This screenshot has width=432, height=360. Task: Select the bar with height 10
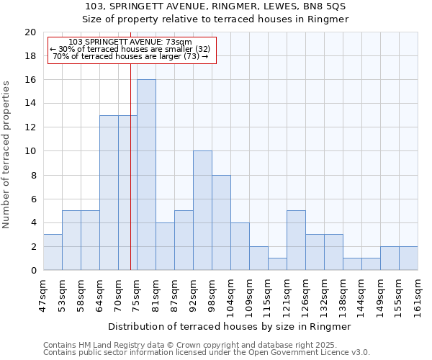(202, 210)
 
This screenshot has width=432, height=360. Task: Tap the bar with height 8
(221, 222)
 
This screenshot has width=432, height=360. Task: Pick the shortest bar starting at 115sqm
(277, 264)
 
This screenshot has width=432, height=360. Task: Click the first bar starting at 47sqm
(53, 252)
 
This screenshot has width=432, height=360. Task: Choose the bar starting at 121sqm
(296, 240)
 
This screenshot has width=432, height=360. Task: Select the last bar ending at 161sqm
(408, 258)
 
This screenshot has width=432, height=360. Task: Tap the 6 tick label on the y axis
(33, 199)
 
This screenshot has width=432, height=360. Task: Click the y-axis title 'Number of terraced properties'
(6, 154)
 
